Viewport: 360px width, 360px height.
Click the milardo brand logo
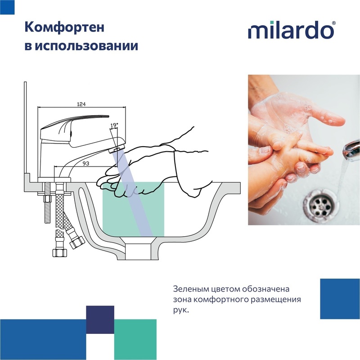point(292,30)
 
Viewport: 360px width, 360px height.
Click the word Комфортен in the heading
point(64,27)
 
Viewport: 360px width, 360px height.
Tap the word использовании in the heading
point(86,46)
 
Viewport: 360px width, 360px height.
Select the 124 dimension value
point(81,104)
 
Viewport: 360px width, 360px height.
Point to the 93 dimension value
point(85,163)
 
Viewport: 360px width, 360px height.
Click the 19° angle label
point(114,126)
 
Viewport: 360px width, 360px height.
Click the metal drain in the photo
point(321,205)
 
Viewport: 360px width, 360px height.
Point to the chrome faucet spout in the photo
point(351,148)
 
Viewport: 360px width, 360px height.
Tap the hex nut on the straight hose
point(60,252)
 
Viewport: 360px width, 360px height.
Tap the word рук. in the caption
point(181,310)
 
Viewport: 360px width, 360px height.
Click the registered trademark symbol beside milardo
point(334,23)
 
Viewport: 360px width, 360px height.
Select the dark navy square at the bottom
point(100,319)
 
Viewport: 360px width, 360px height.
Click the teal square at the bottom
point(135,340)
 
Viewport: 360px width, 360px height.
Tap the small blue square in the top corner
point(7,7)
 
